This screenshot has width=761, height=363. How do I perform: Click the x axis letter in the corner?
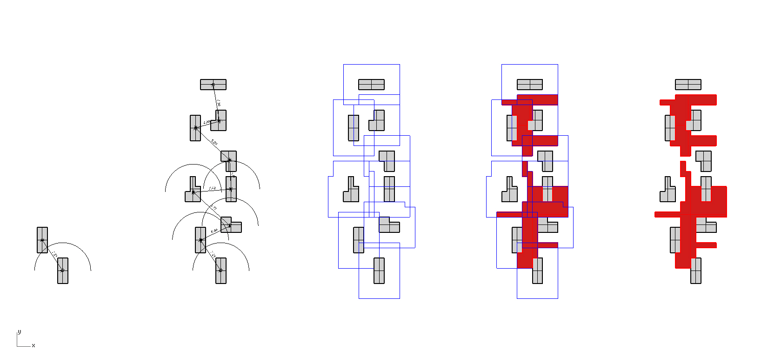(x=33, y=346)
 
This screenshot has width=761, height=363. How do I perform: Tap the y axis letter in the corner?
(x=19, y=332)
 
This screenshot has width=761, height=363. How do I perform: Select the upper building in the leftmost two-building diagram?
(x=42, y=240)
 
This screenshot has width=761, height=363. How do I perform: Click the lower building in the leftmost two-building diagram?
(x=63, y=271)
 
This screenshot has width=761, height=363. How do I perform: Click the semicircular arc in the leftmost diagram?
(x=63, y=243)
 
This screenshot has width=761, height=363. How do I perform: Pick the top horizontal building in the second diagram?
(x=213, y=85)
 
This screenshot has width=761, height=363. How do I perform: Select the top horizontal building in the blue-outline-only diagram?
(x=371, y=85)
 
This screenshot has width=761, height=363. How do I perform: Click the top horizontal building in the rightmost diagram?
(x=688, y=85)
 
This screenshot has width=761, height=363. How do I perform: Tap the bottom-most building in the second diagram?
(x=221, y=271)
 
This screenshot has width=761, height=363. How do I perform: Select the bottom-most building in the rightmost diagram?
(x=696, y=271)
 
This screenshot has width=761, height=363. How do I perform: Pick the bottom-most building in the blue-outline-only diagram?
(x=379, y=271)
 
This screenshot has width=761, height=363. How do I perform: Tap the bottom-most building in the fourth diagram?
(x=538, y=271)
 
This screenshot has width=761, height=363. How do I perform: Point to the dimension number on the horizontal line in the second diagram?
(x=212, y=188)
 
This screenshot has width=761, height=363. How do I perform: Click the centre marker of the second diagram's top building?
(x=213, y=85)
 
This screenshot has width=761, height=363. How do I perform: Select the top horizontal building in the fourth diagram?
(x=530, y=85)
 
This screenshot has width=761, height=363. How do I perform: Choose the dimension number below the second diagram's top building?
(x=218, y=102)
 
